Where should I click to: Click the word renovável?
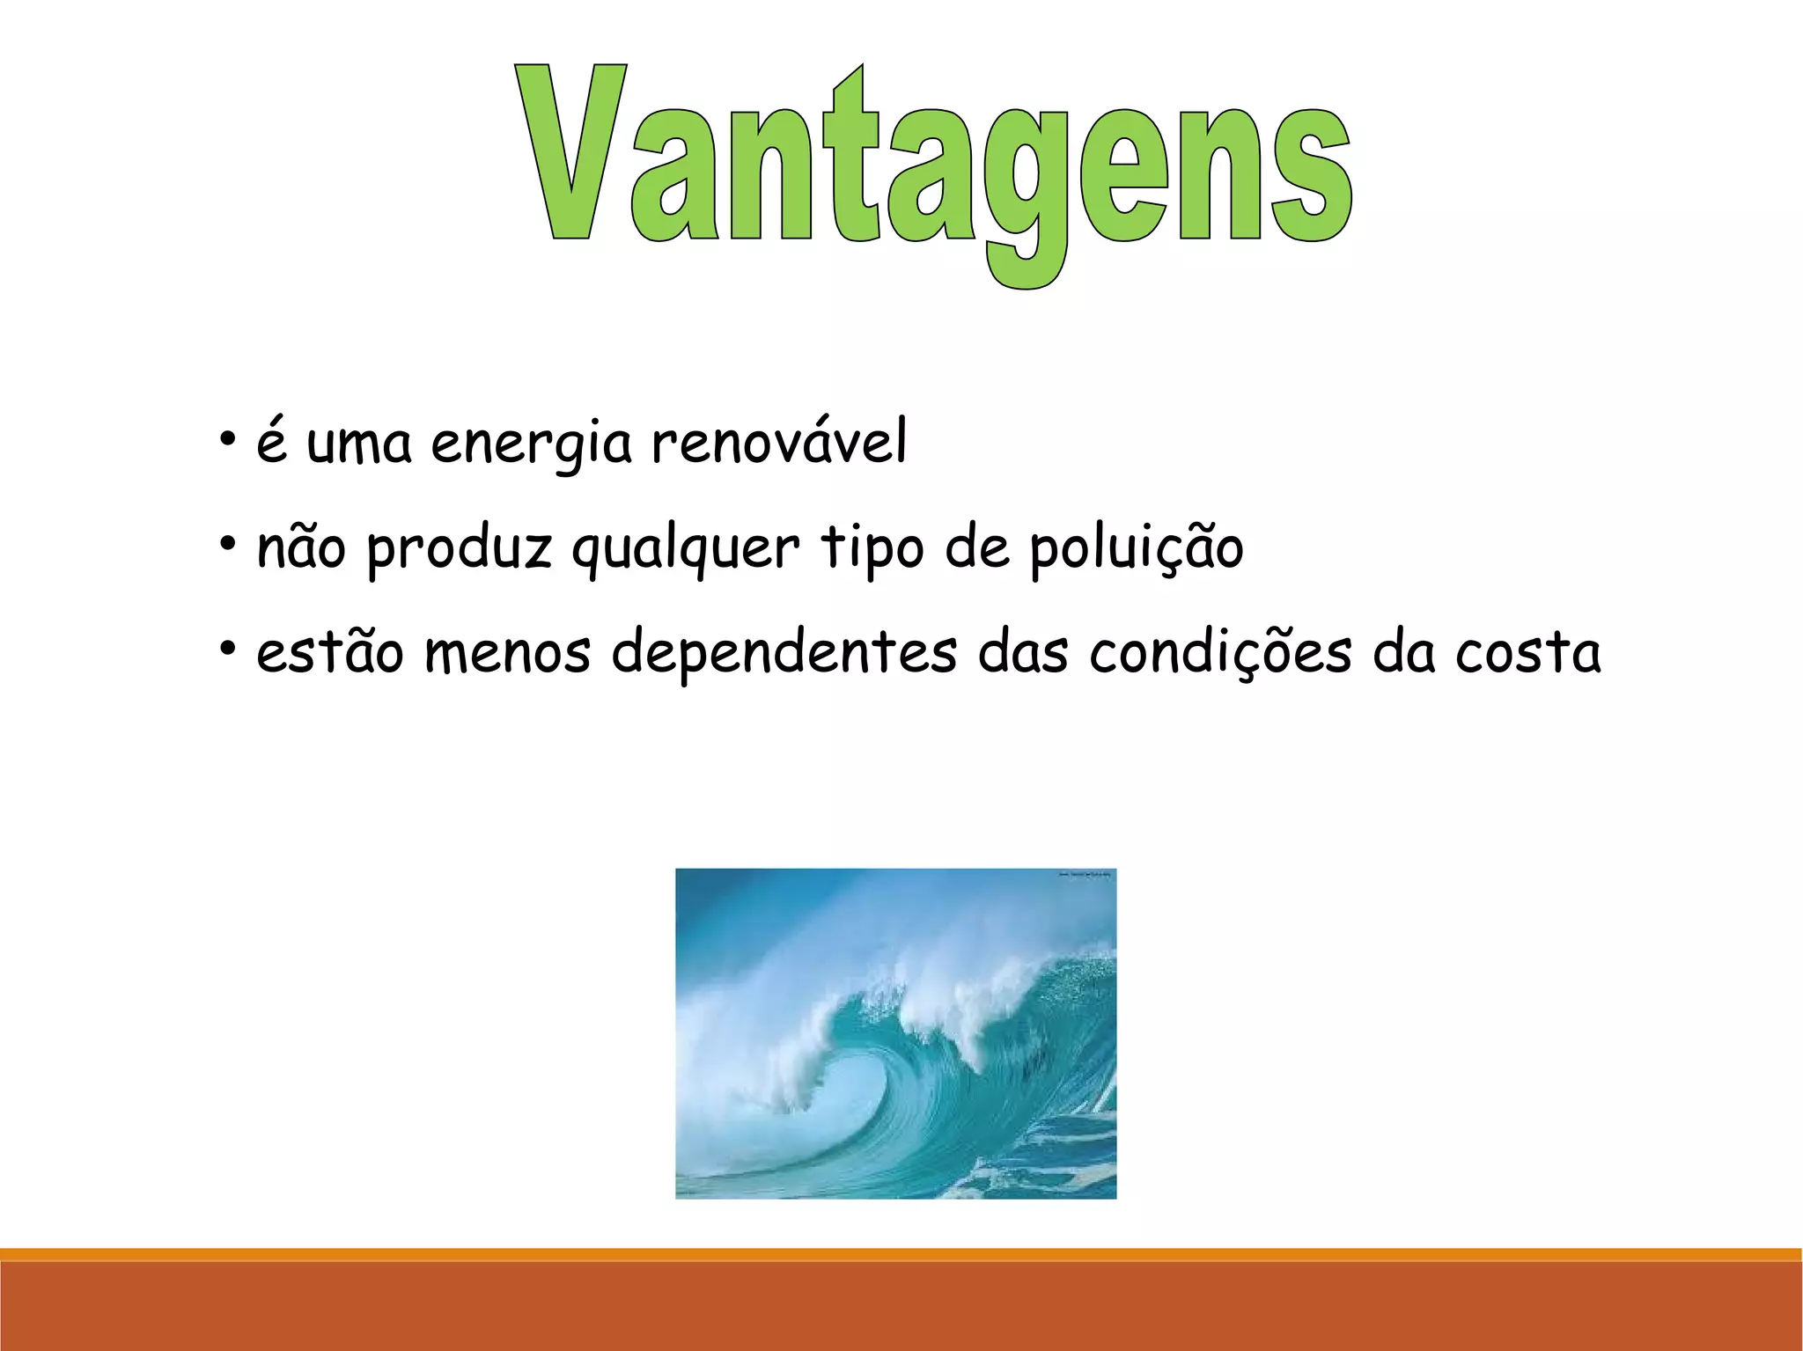pos(778,443)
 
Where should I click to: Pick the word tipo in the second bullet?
pos(872,547)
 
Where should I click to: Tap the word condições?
pos(1219,653)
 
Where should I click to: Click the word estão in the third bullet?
pos(329,653)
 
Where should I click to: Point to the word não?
pos(301,547)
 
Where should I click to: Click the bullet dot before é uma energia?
pos(228,438)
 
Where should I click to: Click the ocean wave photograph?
pos(895,1032)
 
